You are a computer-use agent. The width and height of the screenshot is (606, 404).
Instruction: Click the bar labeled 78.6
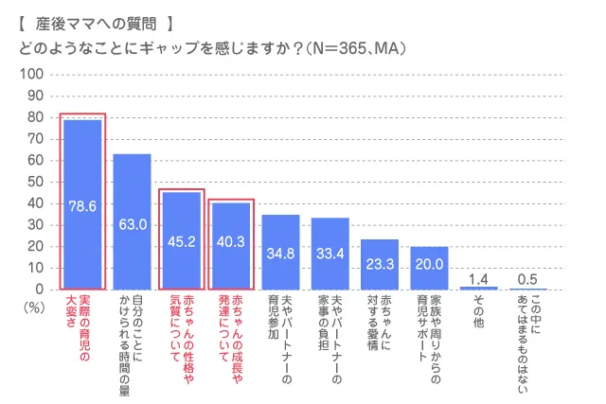tap(82, 204)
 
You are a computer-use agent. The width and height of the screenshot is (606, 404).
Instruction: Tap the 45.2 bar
tap(182, 240)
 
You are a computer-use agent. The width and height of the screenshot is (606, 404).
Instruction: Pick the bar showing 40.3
tap(231, 246)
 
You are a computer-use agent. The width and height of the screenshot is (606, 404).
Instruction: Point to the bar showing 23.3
tap(379, 264)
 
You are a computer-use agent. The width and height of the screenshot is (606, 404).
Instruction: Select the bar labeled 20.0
tap(429, 268)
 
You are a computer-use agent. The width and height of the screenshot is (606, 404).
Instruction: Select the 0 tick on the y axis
tap(40, 290)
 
